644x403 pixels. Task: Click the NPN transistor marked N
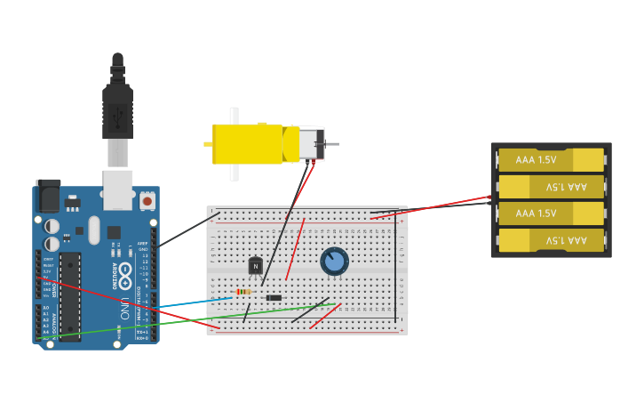point(256,265)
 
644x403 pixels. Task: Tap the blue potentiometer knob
point(334,261)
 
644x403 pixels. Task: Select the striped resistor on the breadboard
point(243,292)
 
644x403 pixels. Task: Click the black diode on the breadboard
point(274,297)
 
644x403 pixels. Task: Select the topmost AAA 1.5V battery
point(550,159)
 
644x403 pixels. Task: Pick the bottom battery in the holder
point(550,240)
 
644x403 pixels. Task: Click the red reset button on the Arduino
point(147,201)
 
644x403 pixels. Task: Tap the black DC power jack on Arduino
point(48,196)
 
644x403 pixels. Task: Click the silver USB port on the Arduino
point(117,189)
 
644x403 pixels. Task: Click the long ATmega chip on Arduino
point(70,295)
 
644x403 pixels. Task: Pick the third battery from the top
point(550,214)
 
